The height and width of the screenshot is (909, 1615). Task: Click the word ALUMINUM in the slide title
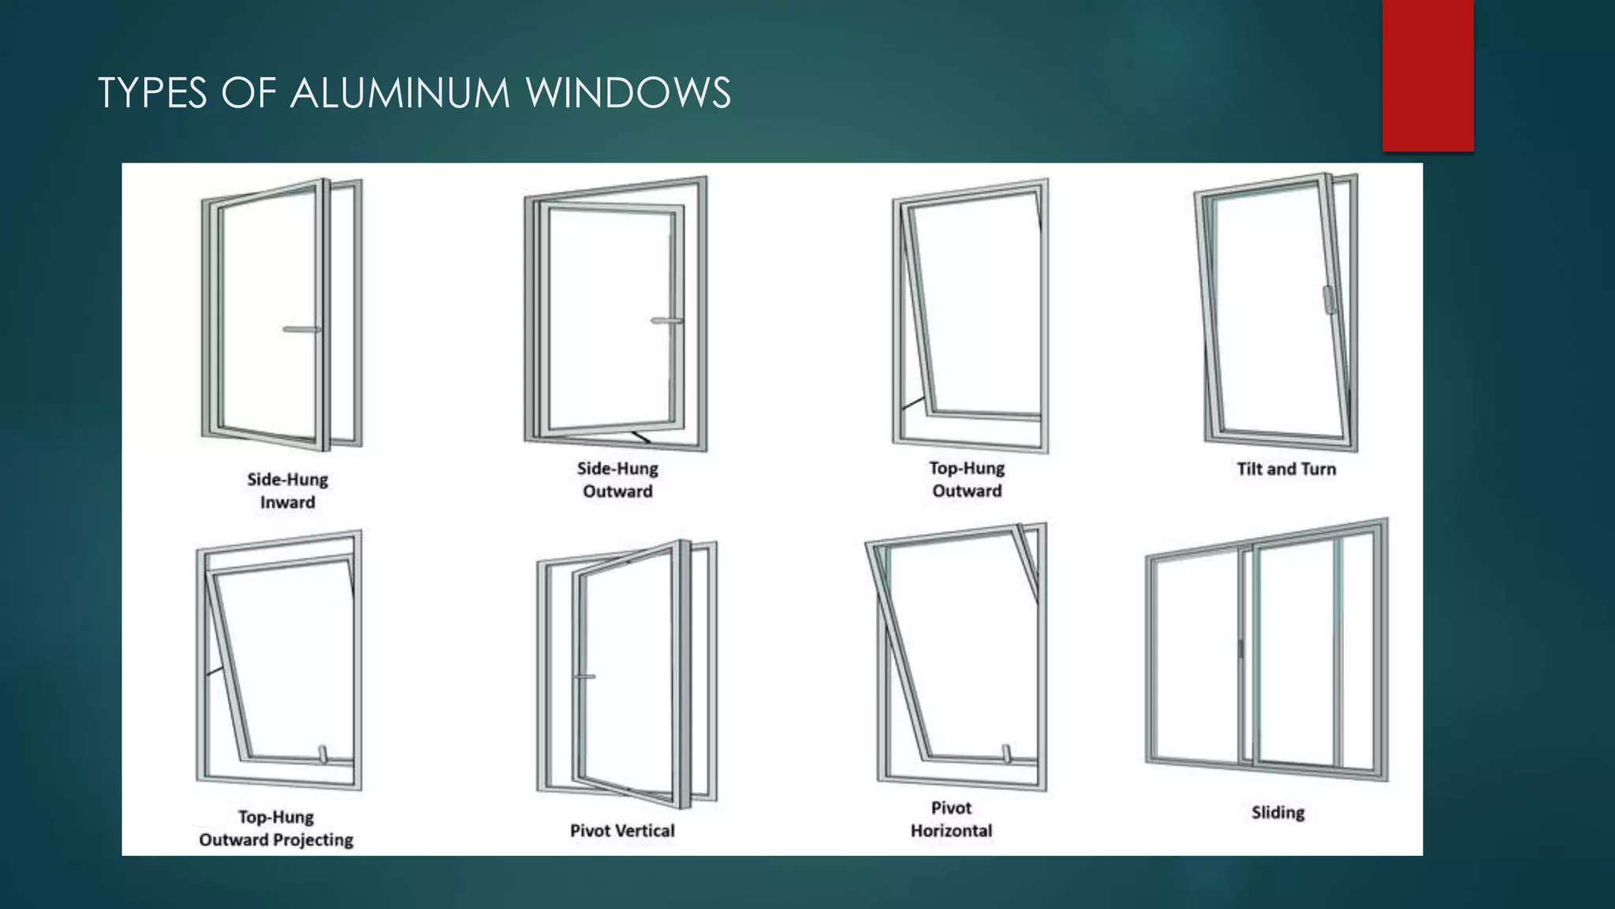[401, 93]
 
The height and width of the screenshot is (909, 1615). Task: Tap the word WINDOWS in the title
[628, 93]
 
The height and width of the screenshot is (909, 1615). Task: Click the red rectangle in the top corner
[1427, 76]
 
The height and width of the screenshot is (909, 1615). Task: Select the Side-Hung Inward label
[287, 491]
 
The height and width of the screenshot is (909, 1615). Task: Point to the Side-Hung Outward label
[617, 480]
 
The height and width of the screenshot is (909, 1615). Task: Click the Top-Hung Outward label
[967, 479]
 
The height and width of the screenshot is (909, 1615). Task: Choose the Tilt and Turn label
[1286, 469]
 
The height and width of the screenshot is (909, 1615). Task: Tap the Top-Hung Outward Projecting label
[276, 829]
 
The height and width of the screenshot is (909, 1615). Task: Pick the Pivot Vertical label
[622, 830]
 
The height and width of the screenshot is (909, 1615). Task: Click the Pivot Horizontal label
[951, 819]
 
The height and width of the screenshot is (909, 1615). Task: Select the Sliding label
[1277, 812]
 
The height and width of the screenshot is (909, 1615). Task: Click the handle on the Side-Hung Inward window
[301, 329]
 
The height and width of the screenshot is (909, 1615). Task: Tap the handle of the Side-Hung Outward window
[667, 320]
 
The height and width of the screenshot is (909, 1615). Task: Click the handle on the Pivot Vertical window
[584, 676]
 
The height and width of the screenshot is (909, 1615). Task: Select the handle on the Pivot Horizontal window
[1006, 754]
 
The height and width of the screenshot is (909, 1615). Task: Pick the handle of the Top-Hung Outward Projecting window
[323, 754]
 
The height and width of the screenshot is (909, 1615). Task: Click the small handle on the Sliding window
[1240, 649]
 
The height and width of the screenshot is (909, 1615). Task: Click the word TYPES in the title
[152, 93]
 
